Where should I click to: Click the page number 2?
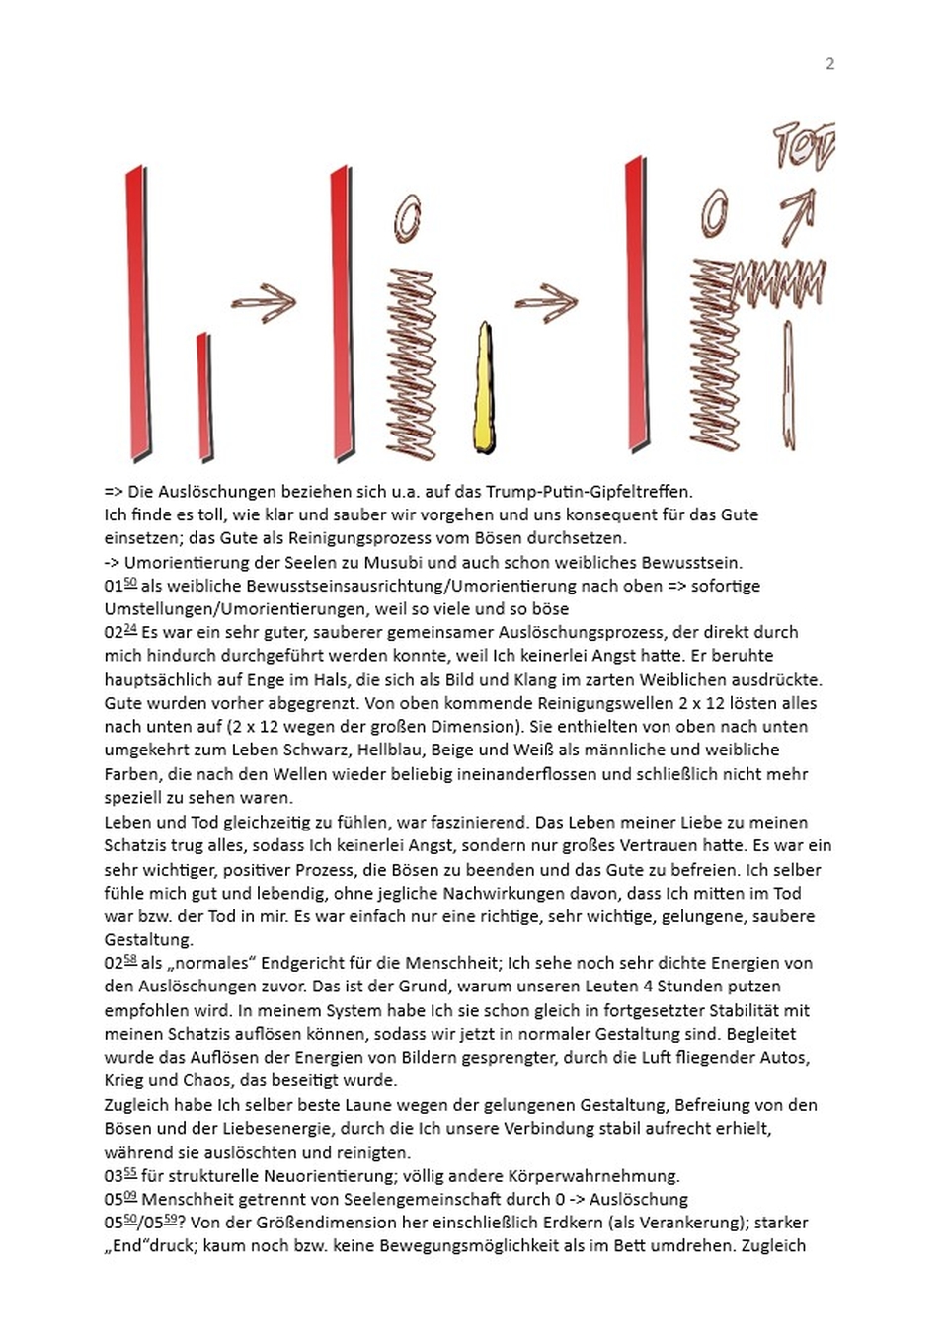(x=829, y=64)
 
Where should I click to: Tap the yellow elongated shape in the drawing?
(x=484, y=390)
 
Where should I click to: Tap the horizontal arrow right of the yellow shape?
(x=546, y=302)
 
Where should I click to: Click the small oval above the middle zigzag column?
(x=407, y=217)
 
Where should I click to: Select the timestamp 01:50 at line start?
(x=119, y=586)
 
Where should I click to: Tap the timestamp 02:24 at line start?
(x=119, y=632)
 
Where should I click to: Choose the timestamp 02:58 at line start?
(x=119, y=963)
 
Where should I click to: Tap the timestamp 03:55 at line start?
(x=119, y=1176)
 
